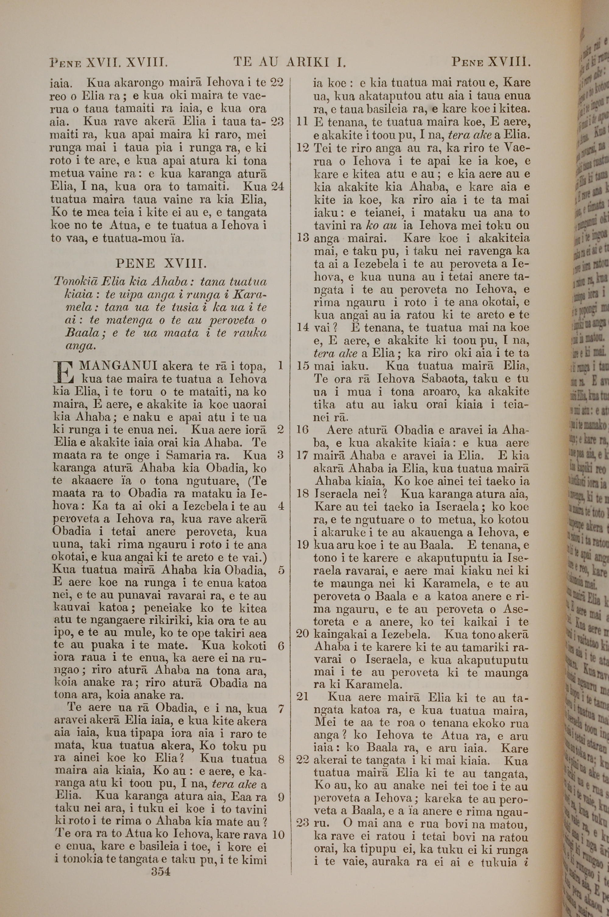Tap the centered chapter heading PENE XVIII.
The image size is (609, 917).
[x=161, y=264]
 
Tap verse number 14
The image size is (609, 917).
[x=303, y=328]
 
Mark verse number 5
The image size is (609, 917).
[x=281, y=570]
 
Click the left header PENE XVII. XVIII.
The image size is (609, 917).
[x=109, y=62]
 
